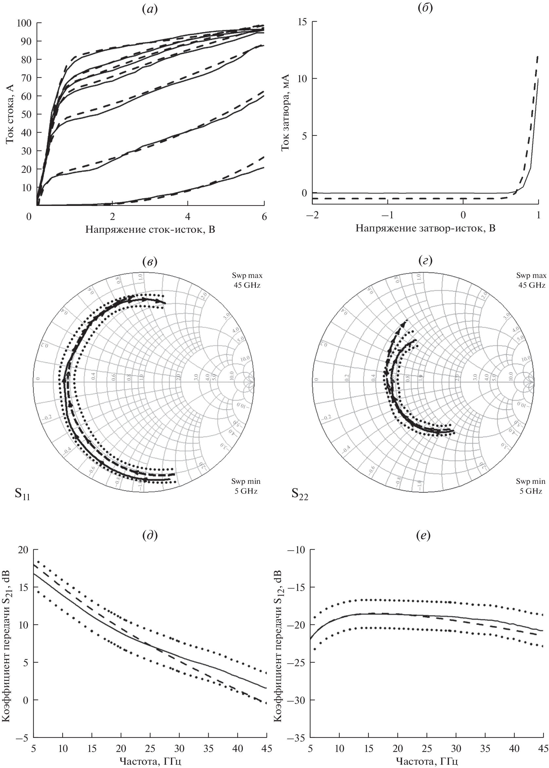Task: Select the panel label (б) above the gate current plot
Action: click(x=425, y=8)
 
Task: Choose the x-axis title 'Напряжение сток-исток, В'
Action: click(x=150, y=230)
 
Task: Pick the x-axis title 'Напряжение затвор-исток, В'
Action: click(x=425, y=229)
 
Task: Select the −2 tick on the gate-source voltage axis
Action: click(x=312, y=215)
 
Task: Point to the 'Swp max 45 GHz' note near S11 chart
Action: click(x=248, y=280)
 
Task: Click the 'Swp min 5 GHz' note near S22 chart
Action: click(x=530, y=486)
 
